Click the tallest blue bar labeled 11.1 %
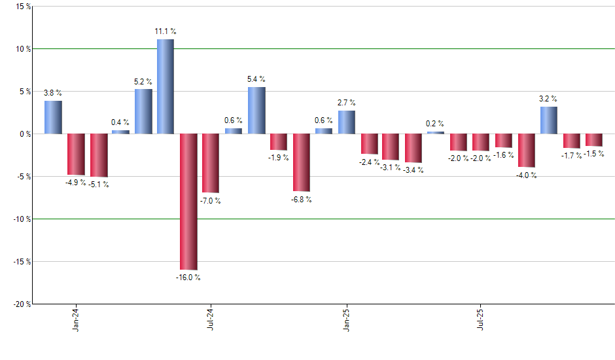[x=165, y=86]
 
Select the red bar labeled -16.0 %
[x=188, y=202]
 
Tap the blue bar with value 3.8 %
[x=53, y=117]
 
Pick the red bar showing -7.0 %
[x=211, y=163]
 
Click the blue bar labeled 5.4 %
[x=256, y=111]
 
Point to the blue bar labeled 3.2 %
[x=549, y=120]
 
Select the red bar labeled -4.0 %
[x=527, y=151]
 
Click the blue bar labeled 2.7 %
[x=347, y=122]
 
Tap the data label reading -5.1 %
[x=98, y=185]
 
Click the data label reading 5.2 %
[x=143, y=82]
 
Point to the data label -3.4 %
[x=413, y=170]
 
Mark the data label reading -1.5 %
[x=593, y=154]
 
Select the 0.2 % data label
[x=435, y=124]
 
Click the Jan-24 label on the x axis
[x=77, y=319]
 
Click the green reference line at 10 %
[x=393, y=49]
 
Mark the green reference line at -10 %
[x=393, y=219]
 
